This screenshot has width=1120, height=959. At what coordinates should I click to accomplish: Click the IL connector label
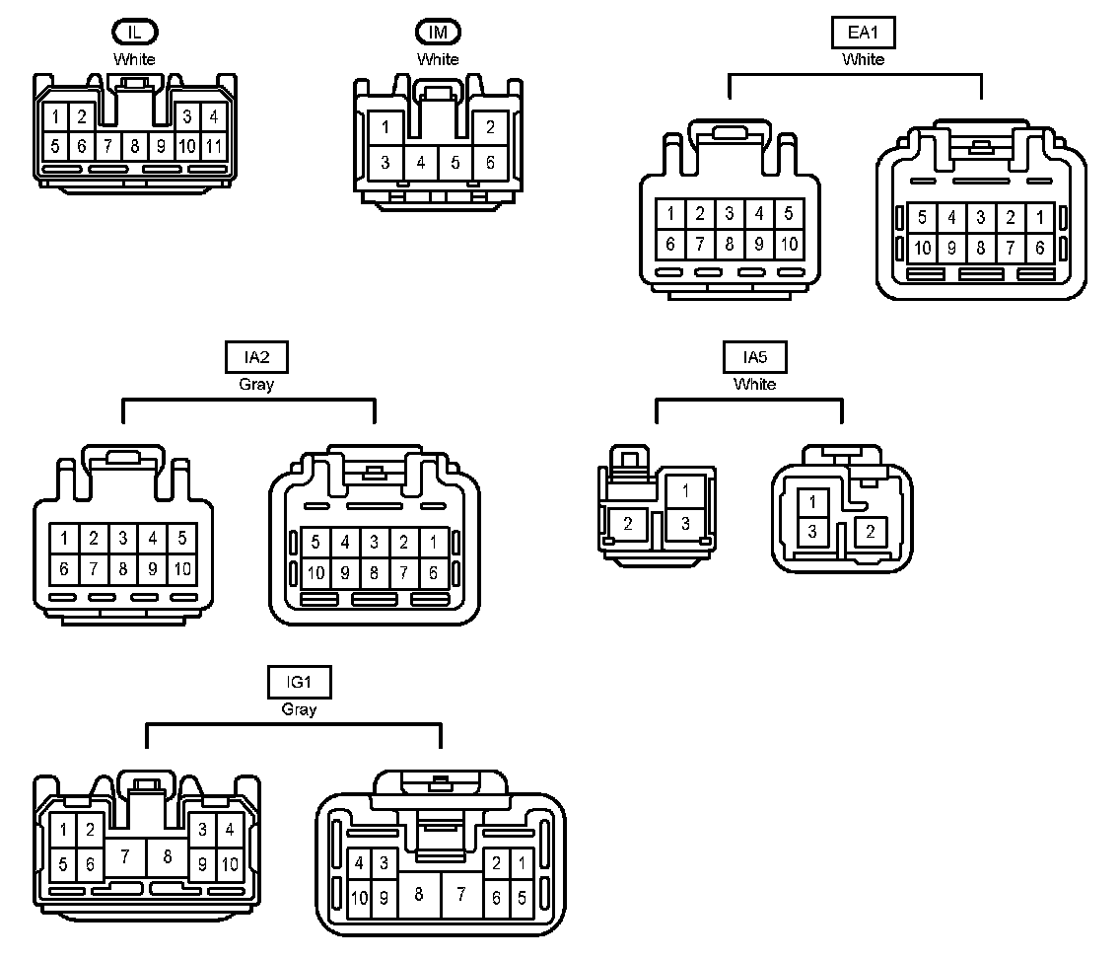(x=134, y=32)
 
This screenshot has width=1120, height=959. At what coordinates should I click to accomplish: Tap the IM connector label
(x=438, y=32)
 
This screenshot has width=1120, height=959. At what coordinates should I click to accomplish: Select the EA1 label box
(x=863, y=33)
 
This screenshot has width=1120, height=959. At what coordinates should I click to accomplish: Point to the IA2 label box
(x=255, y=357)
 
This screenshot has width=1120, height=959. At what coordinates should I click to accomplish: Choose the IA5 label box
(x=754, y=356)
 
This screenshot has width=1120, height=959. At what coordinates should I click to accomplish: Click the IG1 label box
(x=299, y=682)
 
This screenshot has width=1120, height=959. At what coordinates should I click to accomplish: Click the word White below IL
(x=134, y=59)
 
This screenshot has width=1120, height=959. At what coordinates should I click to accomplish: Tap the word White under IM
(x=438, y=59)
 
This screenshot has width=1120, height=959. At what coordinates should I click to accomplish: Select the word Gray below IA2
(x=255, y=385)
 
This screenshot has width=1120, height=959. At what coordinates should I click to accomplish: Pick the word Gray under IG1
(x=299, y=709)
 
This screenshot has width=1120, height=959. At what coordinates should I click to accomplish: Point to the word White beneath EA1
(x=863, y=59)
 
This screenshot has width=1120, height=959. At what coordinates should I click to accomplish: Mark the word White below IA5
(x=754, y=384)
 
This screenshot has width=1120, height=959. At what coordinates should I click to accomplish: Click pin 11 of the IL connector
(x=214, y=146)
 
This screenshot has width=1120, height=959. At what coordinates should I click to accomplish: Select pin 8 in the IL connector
(x=135, y=146)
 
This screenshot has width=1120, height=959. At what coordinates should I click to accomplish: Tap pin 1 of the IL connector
(x=56, y=116)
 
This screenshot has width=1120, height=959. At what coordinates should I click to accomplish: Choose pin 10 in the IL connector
(x=187, y=146)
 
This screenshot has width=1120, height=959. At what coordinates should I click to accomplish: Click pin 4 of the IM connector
(x=421, y=163)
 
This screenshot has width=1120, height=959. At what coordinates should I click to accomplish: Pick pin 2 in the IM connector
(x=490, y=127)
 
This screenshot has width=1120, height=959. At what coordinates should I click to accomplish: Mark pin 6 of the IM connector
(x=490, y=163)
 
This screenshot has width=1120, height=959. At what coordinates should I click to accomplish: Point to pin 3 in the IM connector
(x=385, y=163)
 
